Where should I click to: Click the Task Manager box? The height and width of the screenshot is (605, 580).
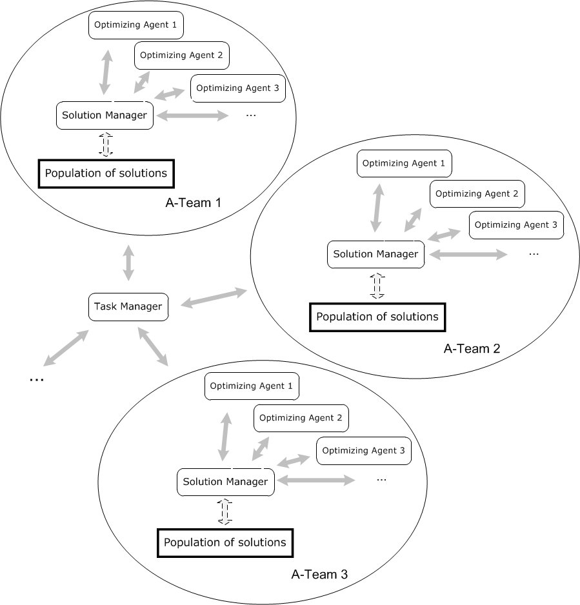coord(128,306)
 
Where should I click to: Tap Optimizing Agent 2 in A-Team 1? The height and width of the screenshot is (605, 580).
coord(181,55)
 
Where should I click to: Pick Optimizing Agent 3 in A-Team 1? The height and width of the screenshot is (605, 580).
coord(237,88)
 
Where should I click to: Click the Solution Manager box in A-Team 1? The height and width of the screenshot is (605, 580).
coord(105,115)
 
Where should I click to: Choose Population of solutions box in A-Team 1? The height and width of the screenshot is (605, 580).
coord(107,173)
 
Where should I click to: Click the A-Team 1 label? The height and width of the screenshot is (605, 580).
coord(192,203)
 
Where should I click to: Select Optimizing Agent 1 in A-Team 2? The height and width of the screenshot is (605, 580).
coord(404,163)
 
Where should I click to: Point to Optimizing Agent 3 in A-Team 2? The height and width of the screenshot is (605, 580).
coord(516,225)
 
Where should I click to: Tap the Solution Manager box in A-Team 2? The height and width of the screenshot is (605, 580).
coord(375,254)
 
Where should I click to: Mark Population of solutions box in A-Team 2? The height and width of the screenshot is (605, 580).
coord(377,317)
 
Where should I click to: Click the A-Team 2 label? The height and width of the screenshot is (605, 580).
coord(472,349)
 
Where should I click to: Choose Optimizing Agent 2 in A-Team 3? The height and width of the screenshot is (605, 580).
coord(301,418)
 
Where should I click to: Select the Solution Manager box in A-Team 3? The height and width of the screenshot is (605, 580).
coord(225,482)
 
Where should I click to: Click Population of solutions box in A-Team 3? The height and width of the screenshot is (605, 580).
coord(225,542)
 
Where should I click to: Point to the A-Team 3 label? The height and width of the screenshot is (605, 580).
coord(319,574)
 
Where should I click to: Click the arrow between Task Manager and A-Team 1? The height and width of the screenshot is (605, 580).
coord(128,262)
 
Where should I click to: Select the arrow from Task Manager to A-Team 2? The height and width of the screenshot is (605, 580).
coord(214,298)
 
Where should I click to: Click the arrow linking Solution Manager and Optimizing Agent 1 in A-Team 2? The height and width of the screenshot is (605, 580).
coord(379,208)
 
